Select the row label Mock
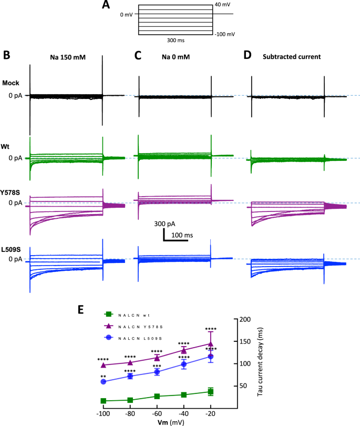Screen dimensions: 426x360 click(11, 83)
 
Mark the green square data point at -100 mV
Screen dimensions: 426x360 click(104, 401)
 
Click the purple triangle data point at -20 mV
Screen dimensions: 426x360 click(211, 343)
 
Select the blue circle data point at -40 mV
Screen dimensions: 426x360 click(184, 364)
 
